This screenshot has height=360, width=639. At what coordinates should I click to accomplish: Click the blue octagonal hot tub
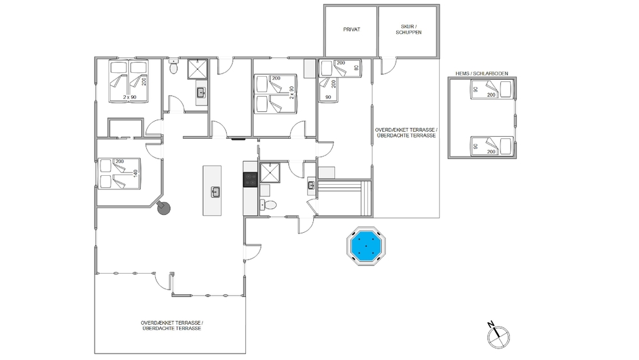coord(366,246)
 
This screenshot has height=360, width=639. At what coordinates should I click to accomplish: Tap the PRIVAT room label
coord(351,29)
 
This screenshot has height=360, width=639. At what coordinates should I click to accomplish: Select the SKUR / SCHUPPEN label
coord(408,29)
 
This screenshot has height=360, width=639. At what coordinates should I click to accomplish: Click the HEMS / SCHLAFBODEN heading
coord(482,74)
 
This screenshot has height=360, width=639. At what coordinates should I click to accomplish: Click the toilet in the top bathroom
coord(174,67)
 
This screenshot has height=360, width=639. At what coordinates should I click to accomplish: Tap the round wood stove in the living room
coord(164,208)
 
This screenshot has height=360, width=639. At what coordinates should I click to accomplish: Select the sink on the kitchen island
coord(215,192)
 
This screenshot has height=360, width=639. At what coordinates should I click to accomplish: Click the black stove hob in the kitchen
coord(250,179)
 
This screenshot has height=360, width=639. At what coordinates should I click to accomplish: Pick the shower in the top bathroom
coord(197,69)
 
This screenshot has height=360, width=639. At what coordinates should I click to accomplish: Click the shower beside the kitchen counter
coord(270,173)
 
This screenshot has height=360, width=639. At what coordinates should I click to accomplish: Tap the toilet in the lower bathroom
coord(268,205)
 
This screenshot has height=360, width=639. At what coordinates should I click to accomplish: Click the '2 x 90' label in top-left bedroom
coord(130,97)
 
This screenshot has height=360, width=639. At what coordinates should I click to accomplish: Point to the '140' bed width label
coord(135,173)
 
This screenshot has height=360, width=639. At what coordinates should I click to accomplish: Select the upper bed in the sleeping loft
coord(491,89)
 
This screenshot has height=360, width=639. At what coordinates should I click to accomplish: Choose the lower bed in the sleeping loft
coord(491,146)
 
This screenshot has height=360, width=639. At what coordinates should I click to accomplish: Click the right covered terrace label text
coord(406,132)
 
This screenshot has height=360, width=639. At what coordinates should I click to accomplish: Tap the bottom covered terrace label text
coord(172,325)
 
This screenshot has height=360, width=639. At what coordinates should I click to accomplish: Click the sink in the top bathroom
coord(201,93)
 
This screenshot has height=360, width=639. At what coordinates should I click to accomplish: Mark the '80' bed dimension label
coord(356,68)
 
